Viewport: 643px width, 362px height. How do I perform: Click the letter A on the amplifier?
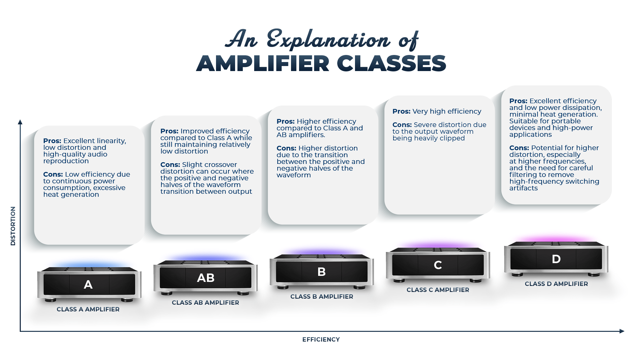pos(88,285)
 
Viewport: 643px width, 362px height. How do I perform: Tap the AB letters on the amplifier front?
pos(206,278)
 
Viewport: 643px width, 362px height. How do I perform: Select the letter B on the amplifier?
pos(321,271)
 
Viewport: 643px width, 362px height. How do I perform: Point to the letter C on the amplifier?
pos(438,265)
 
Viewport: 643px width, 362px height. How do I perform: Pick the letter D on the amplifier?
pos(556,259)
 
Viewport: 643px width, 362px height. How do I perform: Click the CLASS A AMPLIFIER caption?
pos(88,309)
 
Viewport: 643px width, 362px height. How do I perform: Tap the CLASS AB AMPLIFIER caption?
pos(205,303)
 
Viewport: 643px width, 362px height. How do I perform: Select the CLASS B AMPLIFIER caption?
pos(321,297)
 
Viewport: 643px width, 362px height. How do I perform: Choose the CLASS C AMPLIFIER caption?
pos(438,290)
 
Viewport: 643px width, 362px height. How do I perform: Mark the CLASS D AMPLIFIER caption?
pos(556,284)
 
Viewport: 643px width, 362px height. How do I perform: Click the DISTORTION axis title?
pos(13,226)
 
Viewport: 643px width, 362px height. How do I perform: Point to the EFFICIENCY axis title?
pos(321,340)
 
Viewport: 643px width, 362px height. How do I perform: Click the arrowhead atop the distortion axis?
pos(20,122)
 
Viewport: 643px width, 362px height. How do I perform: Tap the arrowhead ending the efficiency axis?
pos(622,331)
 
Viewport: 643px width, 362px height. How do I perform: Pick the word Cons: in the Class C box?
pos(402,125)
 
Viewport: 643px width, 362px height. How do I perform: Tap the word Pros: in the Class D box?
pos(518,101)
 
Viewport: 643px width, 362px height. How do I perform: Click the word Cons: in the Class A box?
pos(53,174)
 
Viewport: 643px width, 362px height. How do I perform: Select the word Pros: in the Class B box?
pos(285,121)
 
